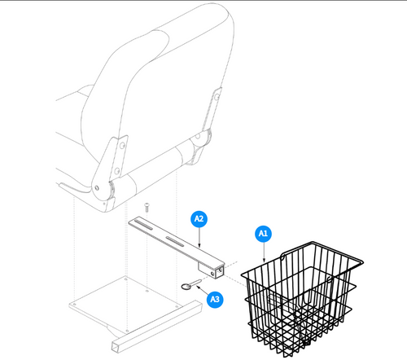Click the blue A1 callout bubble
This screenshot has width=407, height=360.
point(263,234)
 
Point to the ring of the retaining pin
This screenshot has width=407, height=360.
point(187,286)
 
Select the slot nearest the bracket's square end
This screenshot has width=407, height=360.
point(175,241)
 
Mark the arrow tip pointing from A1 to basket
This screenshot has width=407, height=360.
point(264,261)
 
